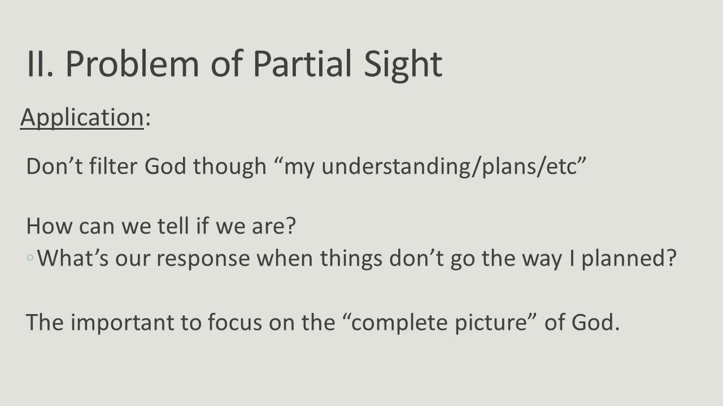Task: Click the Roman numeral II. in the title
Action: pyautogui.click(x=41, y=64)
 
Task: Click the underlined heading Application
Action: pyautogui.click(x=82, y=117)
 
